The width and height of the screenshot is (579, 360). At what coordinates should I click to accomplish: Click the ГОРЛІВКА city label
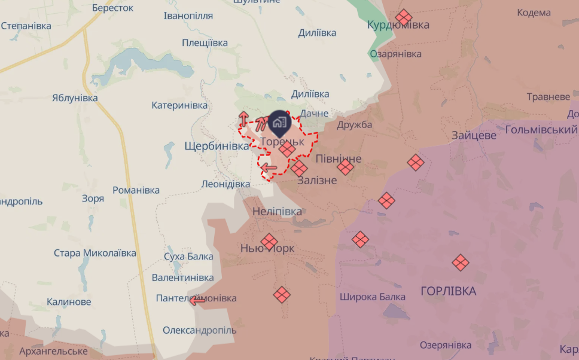tap(449, 291)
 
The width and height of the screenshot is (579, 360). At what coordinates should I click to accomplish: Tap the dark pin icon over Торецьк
tap(279, 123)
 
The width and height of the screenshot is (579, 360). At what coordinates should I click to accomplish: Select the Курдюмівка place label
tap(398, 25)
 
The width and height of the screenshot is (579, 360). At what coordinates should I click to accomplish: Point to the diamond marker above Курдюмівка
tap(404, 17)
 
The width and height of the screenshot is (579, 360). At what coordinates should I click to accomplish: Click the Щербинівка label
tap(217, 146)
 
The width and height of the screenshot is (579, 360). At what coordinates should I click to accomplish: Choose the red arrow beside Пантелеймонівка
tap(197, 300)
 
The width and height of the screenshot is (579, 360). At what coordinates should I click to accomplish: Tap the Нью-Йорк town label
tap(267, 248)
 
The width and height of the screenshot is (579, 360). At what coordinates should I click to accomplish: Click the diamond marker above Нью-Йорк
tap(269, 241)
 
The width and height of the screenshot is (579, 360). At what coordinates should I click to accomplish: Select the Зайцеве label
tap(474, 135)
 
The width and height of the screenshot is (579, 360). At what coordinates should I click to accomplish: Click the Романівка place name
tap(136, 190)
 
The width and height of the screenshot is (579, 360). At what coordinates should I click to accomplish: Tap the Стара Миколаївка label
tap(95, 253)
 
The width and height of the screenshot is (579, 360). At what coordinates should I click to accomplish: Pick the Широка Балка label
tap(373, 297)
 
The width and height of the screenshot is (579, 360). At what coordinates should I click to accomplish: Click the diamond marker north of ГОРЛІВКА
tap(460, 262)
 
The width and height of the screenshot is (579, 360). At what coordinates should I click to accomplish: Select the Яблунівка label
tap(75, 98)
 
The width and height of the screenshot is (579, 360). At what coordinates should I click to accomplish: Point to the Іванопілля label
tap(188, 16)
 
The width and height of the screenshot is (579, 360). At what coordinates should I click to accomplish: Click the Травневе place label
tap(548, 96)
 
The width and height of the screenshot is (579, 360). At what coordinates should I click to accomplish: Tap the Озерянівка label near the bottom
tap(446, 345)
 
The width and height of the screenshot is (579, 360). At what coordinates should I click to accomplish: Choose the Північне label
tap(339, 158)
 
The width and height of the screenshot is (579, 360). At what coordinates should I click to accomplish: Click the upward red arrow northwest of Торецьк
tap(243, 117)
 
